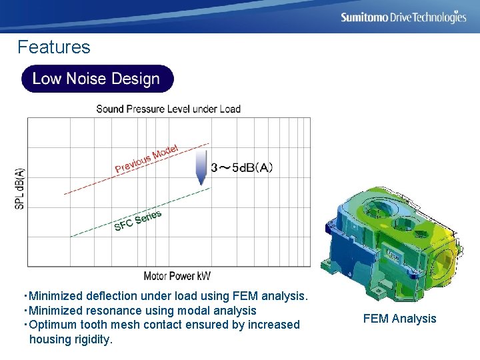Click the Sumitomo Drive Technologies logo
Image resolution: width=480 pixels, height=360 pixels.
(x=403, y=17)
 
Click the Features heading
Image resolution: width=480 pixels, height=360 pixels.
(x=53, y=47)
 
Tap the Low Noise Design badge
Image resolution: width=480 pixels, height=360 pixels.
(x=97, y=79)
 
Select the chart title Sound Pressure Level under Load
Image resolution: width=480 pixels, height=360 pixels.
(x=168, y=109)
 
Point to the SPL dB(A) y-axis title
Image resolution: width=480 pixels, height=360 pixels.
(x=19, y=188)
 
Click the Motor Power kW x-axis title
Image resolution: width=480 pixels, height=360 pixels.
(x=177, y=276)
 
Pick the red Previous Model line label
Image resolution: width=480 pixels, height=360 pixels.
(x=147, y=159)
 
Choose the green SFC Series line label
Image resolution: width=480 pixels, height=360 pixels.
(x=138, y=221)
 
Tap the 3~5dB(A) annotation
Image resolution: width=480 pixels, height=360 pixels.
(x=241, y=168)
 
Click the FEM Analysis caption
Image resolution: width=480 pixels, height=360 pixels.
(x=399, y=319)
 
